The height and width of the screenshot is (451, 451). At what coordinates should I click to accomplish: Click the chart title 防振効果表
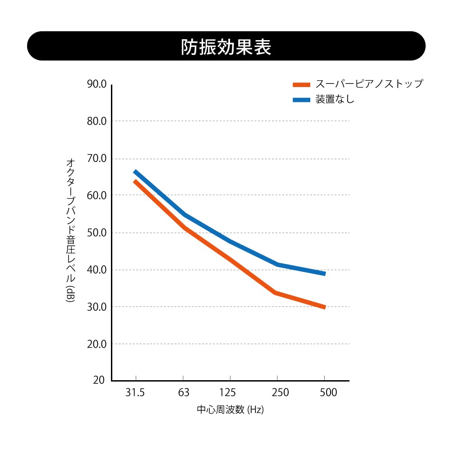[226, 47]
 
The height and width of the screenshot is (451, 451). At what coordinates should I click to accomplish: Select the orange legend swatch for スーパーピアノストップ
[301, 84]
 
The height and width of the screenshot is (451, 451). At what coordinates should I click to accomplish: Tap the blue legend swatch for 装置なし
[301, 100]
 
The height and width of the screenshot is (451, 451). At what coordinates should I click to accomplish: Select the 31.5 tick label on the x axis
[135, 393]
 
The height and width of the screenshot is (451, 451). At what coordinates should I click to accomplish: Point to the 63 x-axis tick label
[183, 393]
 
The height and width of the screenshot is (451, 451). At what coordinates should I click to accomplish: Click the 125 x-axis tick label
[230, 393]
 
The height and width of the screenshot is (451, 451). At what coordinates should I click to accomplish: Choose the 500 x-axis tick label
[328, 393]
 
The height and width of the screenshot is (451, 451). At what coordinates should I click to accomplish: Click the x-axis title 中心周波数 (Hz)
[230, 410]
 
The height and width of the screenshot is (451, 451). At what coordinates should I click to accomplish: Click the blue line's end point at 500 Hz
[324, 274]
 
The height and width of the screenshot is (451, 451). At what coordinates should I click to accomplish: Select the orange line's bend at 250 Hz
[276, 293]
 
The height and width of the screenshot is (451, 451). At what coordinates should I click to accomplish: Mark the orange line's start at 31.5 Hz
[135, 181]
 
